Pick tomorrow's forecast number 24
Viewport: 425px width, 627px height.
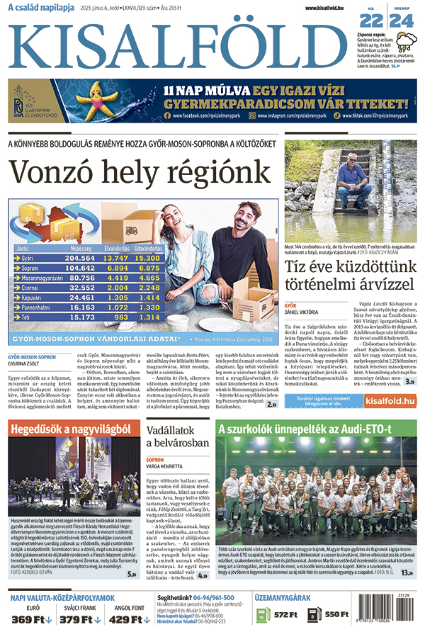[401, 21]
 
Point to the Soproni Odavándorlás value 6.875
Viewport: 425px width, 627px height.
[148, 269]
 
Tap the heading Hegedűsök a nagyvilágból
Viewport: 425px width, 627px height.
[71, 429]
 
